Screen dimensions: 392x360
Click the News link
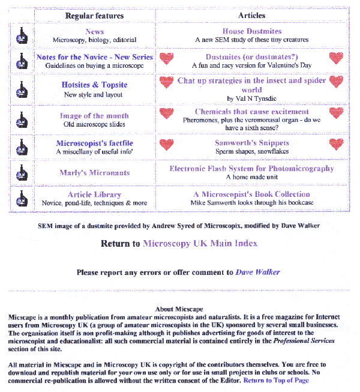[94, 32]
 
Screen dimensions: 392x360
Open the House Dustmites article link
[251, 31]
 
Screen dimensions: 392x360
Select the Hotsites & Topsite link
[94, 85]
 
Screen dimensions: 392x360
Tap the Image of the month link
[94, 116]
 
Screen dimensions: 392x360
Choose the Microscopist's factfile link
[94, 143]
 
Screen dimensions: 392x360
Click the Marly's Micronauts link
[94, 173]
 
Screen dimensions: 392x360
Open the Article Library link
[94, 194]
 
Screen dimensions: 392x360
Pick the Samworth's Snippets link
[251, 143]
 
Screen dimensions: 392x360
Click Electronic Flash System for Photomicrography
[251, 169]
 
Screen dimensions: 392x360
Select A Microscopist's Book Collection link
[251, 194]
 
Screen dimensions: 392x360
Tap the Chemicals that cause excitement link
[251, 112]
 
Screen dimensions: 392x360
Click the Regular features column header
[94, 16]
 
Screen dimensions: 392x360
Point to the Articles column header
[251, 16]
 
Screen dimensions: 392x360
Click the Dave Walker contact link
[257, 272]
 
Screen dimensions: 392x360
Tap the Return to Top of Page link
[276, 381]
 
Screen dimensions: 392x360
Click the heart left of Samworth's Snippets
[167, 144]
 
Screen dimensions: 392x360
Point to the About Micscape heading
[179, 309]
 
